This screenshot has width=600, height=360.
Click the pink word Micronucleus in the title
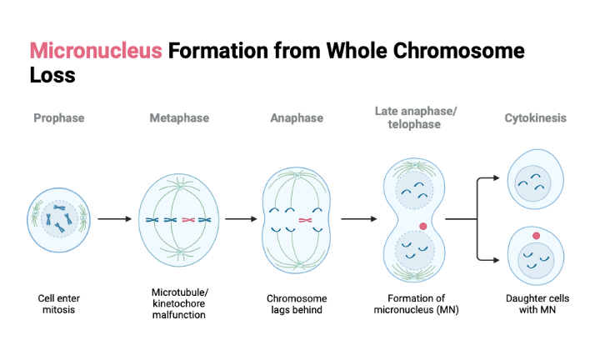(x=96, y=51)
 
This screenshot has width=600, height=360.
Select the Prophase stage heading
(x=59, y=118)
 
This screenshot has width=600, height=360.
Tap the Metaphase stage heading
(x=179, y=118)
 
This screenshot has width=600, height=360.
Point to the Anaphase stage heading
(x=297, y=118)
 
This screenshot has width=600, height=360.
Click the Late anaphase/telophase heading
(x=417, y=118)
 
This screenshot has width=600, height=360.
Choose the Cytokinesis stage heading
(x=535, y=118)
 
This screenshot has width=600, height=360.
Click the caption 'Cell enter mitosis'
(x=59, y=303)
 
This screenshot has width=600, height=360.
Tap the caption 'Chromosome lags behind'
(x=297, y=303)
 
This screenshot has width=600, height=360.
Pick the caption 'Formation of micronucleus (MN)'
(x=417, y=303)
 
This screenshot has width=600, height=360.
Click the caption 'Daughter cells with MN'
(x=535, y=303)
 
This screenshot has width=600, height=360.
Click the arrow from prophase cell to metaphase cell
(x=115, y=219)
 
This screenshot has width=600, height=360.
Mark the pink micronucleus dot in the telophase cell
(x=423, y=226)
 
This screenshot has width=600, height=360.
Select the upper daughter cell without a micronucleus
(x=534, y=180)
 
